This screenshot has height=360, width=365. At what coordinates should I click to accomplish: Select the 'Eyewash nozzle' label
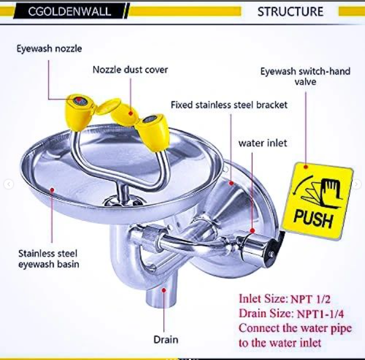click(49, 49)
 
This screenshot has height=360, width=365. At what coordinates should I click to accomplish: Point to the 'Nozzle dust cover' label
click(130, 70)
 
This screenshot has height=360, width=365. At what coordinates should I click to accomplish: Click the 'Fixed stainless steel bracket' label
click(229, 105)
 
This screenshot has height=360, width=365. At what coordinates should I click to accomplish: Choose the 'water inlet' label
click(263, 143)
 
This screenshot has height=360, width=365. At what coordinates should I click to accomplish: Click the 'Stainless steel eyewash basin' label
click(47, 259)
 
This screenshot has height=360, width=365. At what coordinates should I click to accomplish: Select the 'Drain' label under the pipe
click(166, 339)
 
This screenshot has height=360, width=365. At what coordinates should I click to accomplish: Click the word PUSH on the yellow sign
click(313, 218)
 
